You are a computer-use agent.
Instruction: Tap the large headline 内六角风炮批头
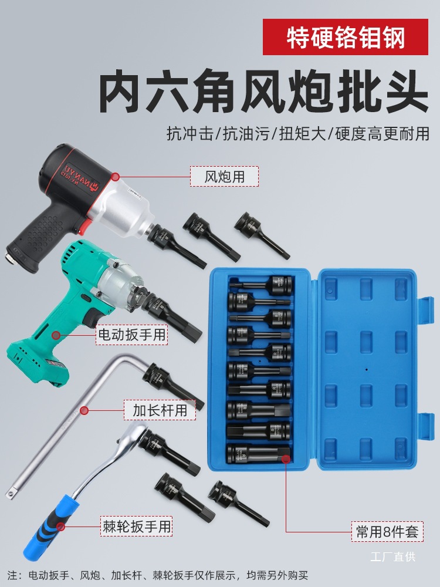click(263, 92)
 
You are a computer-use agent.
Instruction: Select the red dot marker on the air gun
click(116, 176)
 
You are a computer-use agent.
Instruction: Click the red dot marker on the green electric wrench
click(57, 336)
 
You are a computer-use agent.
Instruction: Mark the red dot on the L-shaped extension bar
click(84, 410)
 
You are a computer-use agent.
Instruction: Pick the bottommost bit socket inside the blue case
click(259, 452)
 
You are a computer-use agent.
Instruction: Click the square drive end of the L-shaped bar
click(10, 494)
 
